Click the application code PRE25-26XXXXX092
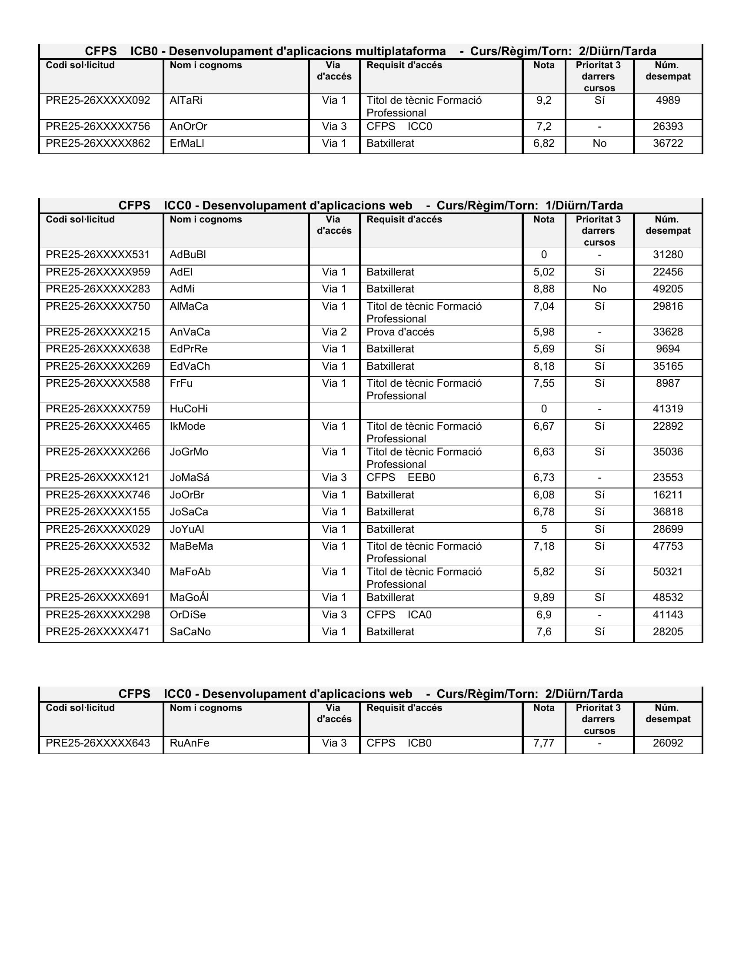(x=98, y=101)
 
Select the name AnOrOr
(x=188, y=126)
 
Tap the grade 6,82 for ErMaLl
(x=544, y=143)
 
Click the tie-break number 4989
(x=668, y=101)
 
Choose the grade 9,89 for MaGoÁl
(x=544, y=597)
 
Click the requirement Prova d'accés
(x=400, y=332)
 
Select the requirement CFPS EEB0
(x=401, y=478)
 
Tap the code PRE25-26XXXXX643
(x=98, y=743)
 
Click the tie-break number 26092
(x=668, y=743)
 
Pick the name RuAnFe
(x=190, y=743)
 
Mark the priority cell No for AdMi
(x=599, y=289)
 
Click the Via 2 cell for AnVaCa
(x=334, y=332)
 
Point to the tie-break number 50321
(x=668, y=572)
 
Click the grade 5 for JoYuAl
(x=544, y=529)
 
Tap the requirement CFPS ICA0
(x=399, y=614)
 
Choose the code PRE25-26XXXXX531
(x=98, y=255)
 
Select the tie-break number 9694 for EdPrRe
(x=668, y=349)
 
